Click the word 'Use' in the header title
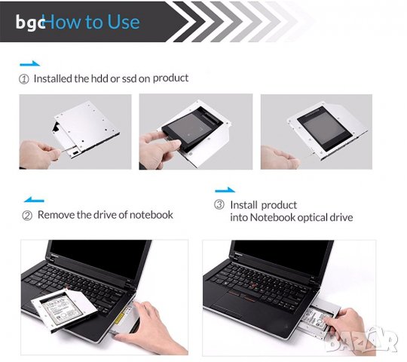[123, 22]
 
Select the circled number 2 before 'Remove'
[27, 215]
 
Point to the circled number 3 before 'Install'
[219, 205]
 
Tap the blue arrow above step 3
[225, 191]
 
